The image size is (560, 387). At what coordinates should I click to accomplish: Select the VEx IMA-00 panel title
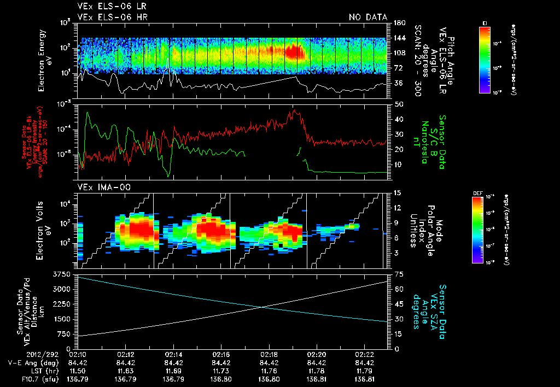click(x=101, y=187)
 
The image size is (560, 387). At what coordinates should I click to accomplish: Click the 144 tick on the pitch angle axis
click(x=399, y=38)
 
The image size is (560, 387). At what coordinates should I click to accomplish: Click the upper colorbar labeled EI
click(x=484, y=58)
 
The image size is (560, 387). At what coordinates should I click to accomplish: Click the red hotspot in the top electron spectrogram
click(x=295, y=51)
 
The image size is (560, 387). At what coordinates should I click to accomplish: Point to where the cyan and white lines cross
click(x=264, y=307)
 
